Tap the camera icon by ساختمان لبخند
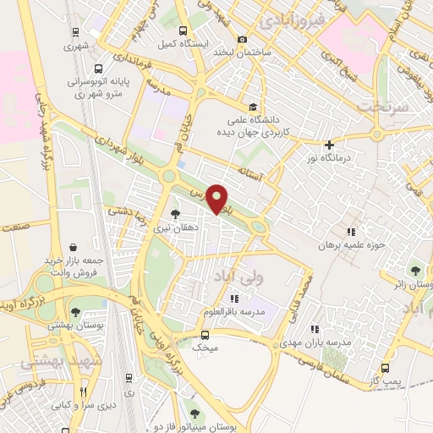[243, 39]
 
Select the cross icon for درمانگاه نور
[329, 145]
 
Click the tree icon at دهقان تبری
[175, 213]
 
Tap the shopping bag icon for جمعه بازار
[76, 223]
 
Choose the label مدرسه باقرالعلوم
[233, 310]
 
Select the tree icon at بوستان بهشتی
[76, 313]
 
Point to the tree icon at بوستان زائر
[415, 271]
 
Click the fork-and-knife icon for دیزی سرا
[82, 392]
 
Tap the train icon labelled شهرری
[76, 32]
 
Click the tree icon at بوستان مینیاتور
[195, 414]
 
